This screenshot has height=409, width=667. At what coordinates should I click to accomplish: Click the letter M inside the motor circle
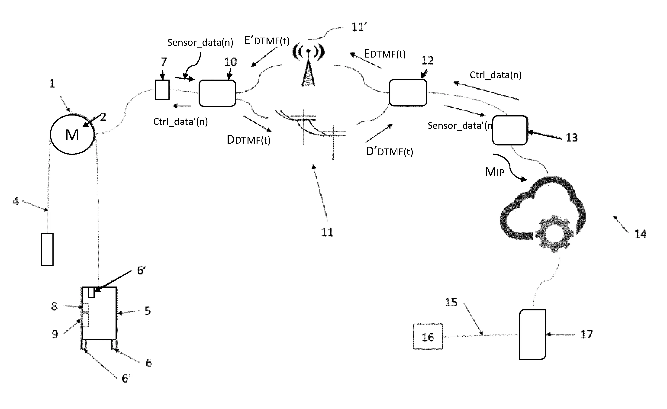(72, 135)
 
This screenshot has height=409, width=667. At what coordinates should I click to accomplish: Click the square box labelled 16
(428, 336)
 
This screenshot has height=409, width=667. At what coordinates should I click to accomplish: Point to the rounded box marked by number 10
(217, 93)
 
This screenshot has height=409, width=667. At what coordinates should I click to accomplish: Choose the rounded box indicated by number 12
(408, 93)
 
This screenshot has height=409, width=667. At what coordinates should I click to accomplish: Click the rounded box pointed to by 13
(510, 130)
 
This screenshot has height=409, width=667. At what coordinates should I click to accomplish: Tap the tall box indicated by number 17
(532, 334)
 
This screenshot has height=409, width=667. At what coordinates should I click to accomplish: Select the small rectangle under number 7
(162, 90)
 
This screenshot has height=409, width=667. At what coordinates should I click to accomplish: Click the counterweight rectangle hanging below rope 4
(47, 249)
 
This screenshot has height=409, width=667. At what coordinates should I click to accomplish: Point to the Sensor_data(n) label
(200, 42)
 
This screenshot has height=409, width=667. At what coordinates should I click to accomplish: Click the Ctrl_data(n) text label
(495, 75)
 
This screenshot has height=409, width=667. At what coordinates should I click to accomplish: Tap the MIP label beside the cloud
(495, 172)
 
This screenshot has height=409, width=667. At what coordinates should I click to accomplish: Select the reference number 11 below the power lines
(327, 232)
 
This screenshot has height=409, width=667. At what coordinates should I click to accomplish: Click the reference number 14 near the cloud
(640, 234)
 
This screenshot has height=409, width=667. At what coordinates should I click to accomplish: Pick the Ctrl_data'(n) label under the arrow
(180, 122)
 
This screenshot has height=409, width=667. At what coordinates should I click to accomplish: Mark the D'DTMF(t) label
(389, 151)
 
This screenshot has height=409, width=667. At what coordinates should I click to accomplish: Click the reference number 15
(451, 302)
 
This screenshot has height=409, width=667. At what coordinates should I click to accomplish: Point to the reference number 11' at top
(359, 27)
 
